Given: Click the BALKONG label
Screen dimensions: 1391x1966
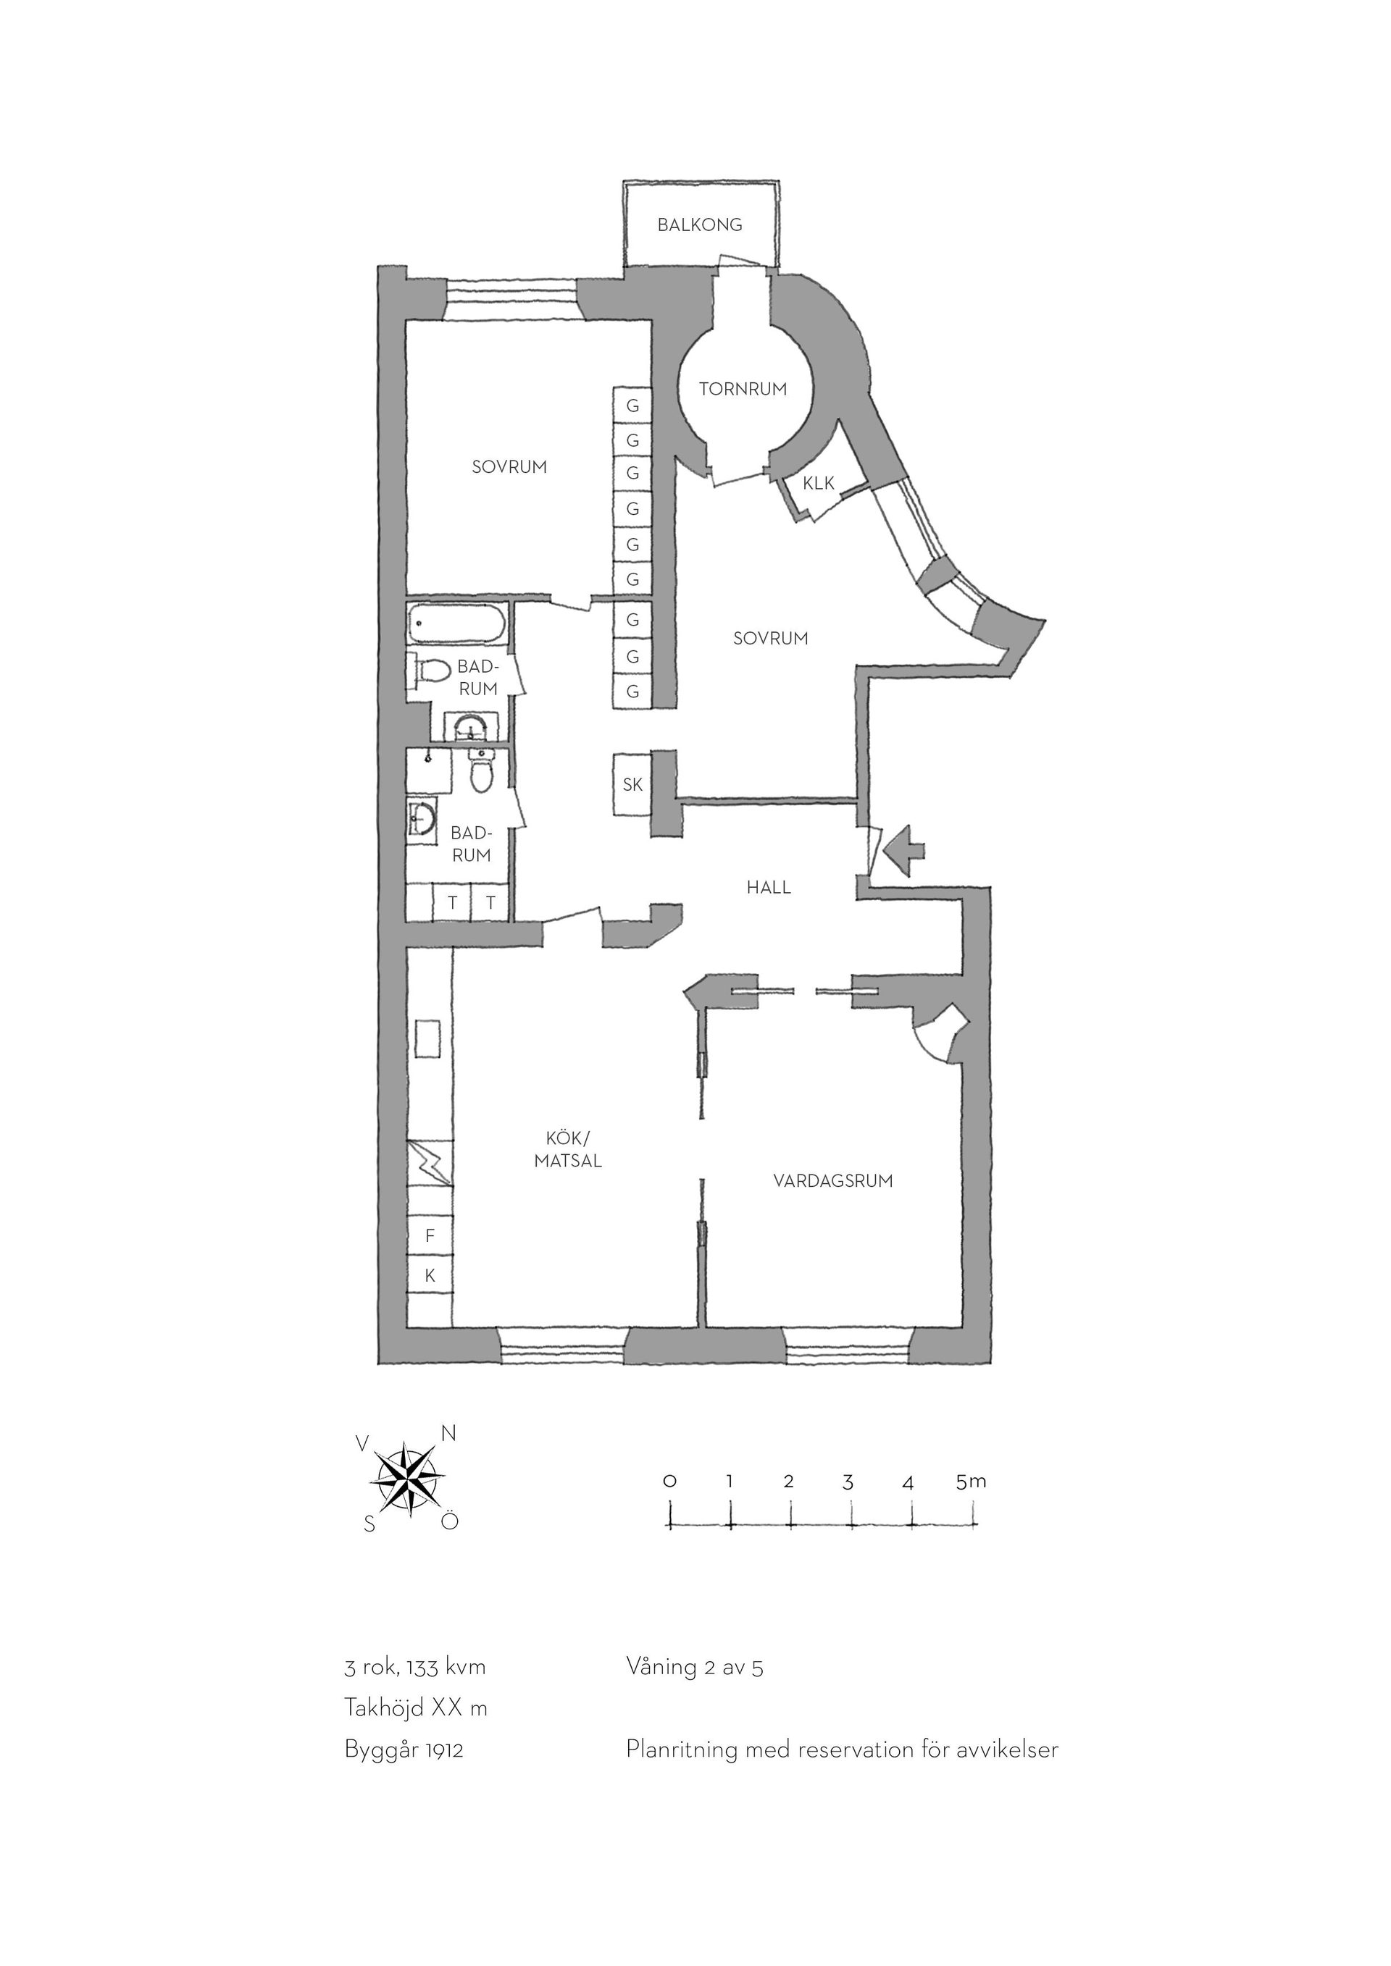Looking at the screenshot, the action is pyautogui.click(x=700, y=225).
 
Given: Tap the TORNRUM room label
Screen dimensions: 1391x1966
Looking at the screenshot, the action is pyautogui.click(x=743, y=389).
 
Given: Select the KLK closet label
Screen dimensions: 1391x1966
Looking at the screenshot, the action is pyautogui.click(x=818, y=483).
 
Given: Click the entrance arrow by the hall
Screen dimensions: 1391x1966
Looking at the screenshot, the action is pyautogui.click(x=903, y=849).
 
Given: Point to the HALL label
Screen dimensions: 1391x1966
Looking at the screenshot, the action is pyautogui.click(x=768, y=888).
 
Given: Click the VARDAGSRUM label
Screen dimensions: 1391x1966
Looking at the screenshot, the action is pyautogui.click(x=832, y=1181).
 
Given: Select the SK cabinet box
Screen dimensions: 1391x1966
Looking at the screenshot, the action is pyautogui.click(x=632, y=784).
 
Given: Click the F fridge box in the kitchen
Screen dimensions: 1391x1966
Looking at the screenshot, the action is pyautogui.click(x=430, y=1235).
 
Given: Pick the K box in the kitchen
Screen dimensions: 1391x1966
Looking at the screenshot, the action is pyautogui.click(x=430, y=1276).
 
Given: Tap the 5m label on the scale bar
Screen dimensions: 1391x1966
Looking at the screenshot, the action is pyautogui.click(x=972, y=1482).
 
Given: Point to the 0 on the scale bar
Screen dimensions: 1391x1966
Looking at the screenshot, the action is pyautogui.click(x=670, y=1482).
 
